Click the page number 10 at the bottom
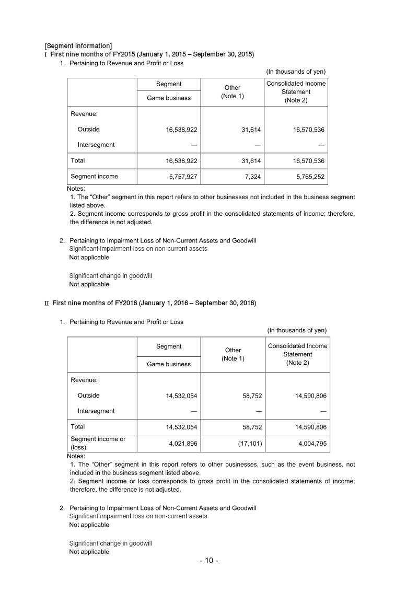click(209, 561)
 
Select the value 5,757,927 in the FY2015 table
click(183, 177)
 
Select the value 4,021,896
click(183, 444)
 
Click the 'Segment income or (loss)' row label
click(98, 443)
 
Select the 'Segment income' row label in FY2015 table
click(94, 177)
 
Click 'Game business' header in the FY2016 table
click(169, 364)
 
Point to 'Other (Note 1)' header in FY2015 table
click(233, 91)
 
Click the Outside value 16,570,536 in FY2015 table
click(306, 129)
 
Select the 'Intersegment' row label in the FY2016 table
click(96, 411)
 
